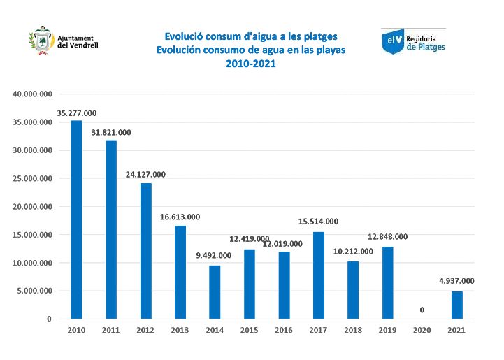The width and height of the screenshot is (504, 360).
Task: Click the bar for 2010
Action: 76,219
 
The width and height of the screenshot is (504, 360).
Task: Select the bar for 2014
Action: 215,292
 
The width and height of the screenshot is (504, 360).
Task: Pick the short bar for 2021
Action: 457,305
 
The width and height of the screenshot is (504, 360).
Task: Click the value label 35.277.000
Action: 76,113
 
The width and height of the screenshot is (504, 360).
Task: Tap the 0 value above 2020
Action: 422,310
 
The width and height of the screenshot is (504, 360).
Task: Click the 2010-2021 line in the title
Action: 251,64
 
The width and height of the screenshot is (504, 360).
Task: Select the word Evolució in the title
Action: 184,36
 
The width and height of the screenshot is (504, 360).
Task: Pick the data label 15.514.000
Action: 319,222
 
